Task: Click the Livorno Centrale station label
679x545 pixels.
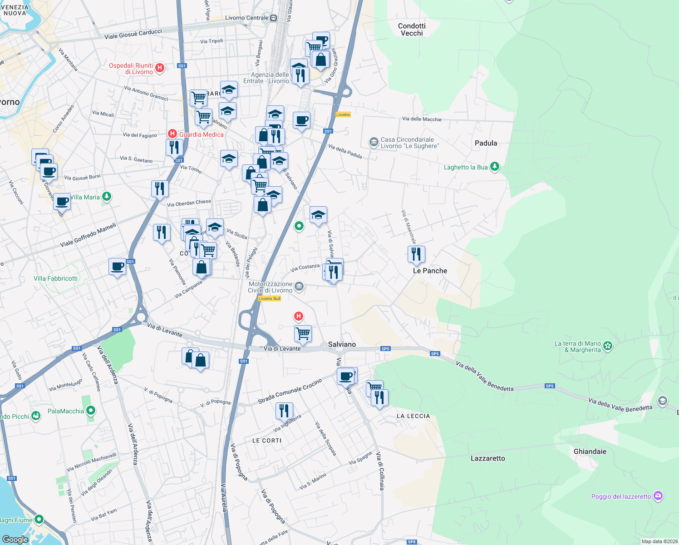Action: click(247, 18)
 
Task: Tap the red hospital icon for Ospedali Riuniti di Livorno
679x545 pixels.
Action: click(160, 68)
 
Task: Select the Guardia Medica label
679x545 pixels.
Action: click(201, 134)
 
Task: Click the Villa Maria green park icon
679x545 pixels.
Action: click(107, 197)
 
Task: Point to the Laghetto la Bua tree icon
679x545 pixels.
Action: click(495, 167)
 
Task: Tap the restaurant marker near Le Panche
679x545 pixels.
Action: click(416, 254)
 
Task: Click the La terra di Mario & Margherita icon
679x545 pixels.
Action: click(608, 346)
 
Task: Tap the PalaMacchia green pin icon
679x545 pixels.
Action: click(91, 411)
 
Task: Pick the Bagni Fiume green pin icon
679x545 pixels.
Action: click(39, 519)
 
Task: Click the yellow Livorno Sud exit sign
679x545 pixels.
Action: click(270, 298)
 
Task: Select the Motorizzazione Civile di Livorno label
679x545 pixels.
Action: click(270, 287)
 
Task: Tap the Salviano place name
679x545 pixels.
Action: click(342, 344)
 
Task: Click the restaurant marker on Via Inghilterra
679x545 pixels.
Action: click(284, 411)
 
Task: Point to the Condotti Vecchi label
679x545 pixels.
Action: click(412, 30)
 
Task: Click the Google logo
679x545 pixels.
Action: click(15, 539)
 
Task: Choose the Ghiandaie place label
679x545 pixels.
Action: click(590, 451)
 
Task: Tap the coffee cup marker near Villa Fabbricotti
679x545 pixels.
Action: click(118, 267)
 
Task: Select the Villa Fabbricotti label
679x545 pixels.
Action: click(55, 278)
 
